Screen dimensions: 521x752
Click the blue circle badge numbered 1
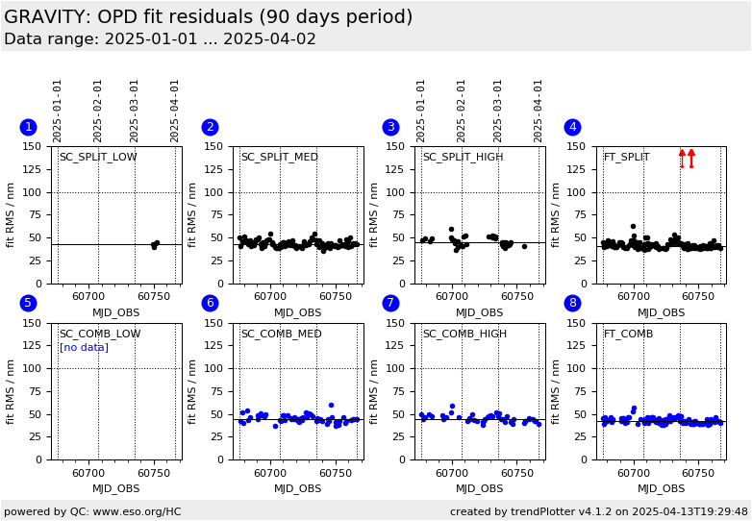click(x=28, y=127)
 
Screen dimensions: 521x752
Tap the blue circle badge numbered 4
click(x=572, y=127)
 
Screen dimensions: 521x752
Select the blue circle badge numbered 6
click(x=210, y=303)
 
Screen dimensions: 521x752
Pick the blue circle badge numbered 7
click(x=390, y=303)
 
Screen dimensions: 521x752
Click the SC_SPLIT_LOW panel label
click(x=98, y=158)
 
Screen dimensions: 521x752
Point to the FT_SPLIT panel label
click(x=626, y=158)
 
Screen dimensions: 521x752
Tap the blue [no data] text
click(x=84, y=348)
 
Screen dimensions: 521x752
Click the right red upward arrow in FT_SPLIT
click(x=691, y=158)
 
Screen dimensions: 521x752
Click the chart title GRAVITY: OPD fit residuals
click(x=208, y=17)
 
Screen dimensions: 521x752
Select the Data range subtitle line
click(x=160, y=39)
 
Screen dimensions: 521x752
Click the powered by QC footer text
click(x=92, y=511)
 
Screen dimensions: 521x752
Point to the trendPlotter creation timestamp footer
click(x=598, y=511)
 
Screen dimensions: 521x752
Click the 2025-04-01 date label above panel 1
click(x=176, y=110)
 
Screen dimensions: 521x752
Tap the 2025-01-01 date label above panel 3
click(x=421, y=110)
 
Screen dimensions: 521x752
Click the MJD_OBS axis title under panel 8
click(x=661, y=488)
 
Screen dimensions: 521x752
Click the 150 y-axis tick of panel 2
click(x=218, y=147)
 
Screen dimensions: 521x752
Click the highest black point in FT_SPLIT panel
click(x=633, y=227)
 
